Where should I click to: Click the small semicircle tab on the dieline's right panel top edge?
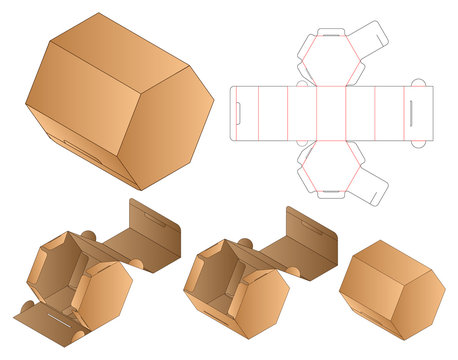coord(417,83)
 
